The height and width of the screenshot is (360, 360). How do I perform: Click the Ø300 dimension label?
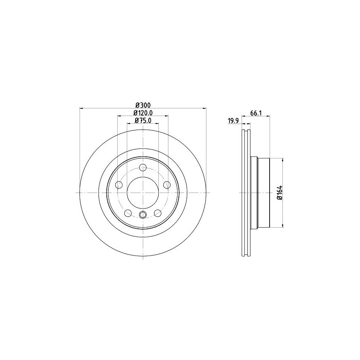[x=143, y=105]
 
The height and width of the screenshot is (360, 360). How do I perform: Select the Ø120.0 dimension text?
[x=143, y=113]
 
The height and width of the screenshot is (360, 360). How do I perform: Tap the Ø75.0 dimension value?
[x=143, y=120]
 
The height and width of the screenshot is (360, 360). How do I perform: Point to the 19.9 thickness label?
[x=233, y=121]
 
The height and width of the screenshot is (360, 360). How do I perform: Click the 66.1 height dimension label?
[x=256, y=113]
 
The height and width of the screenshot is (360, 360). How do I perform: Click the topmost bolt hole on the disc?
[x=143, y=167]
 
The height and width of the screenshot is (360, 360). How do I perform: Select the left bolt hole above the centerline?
[x=119, y=184]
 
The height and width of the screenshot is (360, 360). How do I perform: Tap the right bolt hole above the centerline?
[x=167, y=184]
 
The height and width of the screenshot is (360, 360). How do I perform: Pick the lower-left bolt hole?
[x=128, y=213]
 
